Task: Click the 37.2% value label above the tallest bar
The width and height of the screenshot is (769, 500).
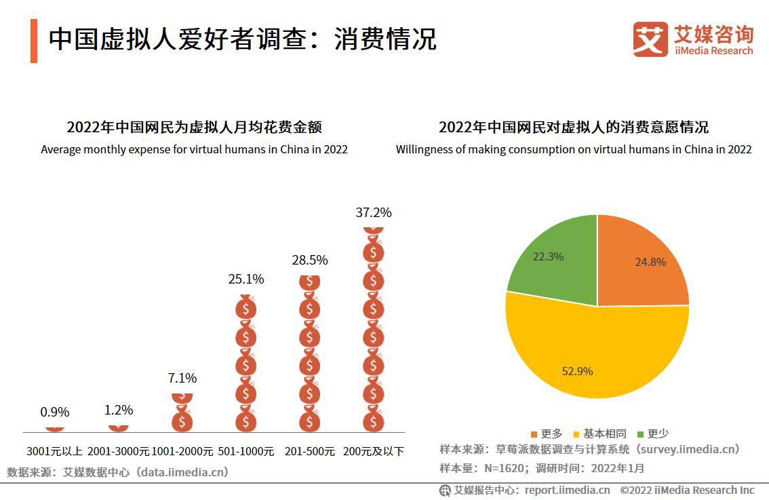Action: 374,212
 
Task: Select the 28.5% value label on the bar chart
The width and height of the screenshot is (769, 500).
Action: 310,260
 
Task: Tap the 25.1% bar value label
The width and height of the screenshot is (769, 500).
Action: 246,279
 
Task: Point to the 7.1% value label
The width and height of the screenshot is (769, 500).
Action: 182,378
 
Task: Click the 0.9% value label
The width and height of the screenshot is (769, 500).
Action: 55,412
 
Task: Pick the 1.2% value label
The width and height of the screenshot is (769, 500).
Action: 119,410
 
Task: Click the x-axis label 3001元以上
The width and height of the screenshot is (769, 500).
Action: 55,451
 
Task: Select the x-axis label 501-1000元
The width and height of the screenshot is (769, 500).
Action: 246,451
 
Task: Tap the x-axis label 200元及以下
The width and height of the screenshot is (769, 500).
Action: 374,451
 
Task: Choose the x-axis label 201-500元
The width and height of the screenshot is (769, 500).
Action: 310,451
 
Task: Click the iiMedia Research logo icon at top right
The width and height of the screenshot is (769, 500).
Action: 650,39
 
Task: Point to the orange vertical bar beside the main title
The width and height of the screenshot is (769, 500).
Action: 34,41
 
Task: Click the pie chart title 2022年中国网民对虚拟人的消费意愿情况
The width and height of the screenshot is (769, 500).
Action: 573,128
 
